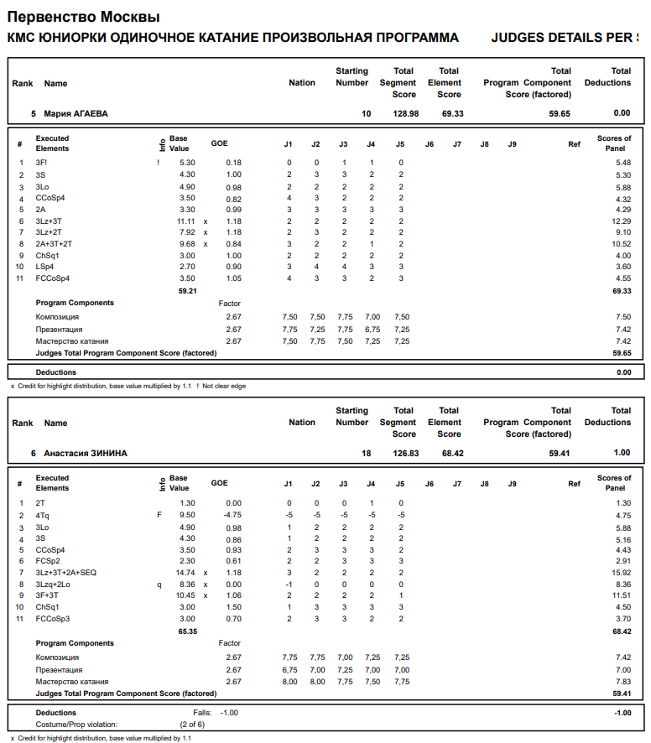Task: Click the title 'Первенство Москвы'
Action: point(83,17)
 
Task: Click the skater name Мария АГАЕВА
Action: point(76,113)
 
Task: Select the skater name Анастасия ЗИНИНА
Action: point(85,453)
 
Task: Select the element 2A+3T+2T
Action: point(54,244)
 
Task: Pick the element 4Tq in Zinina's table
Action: point(42,515)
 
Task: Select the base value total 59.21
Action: point(187,291)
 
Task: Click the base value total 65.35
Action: point(187,631)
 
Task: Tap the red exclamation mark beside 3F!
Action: point(158,163)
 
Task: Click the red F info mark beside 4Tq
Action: point(159,515)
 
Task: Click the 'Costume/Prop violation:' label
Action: point(76,724)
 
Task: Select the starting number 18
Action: point(366,453)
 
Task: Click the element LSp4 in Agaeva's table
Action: point(45,267)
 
